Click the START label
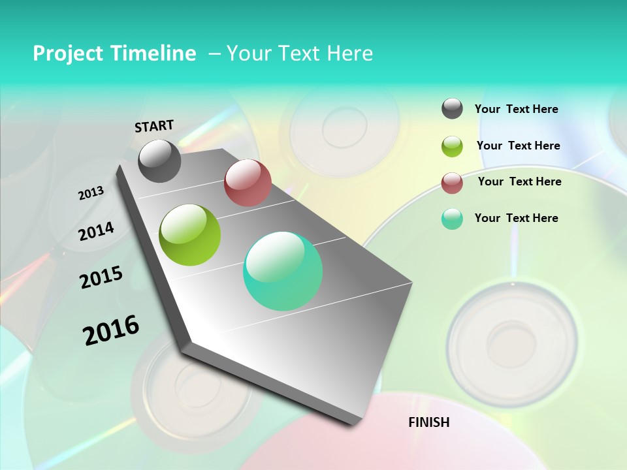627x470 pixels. pos(154,126)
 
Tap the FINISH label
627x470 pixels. pos(429,422)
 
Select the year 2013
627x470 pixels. pos(91,193)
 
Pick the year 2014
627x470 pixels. pos(96,231)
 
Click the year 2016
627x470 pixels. pos(111,330)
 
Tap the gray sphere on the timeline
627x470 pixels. pos(160,161)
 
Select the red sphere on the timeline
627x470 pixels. pos(248,183)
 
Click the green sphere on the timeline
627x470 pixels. pos(190,235)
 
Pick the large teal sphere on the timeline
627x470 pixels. pos(283,271)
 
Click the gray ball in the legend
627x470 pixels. pos(452,109)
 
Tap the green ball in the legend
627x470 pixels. pos(452,146)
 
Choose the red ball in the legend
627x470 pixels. pos(452,183)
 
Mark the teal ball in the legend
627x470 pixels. pos(452,219)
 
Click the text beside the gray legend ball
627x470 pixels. pos(516,109)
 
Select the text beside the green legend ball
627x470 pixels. pos(518,146)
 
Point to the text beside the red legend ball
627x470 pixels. pos(519,181)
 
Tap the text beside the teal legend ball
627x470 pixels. pos(516,218)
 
